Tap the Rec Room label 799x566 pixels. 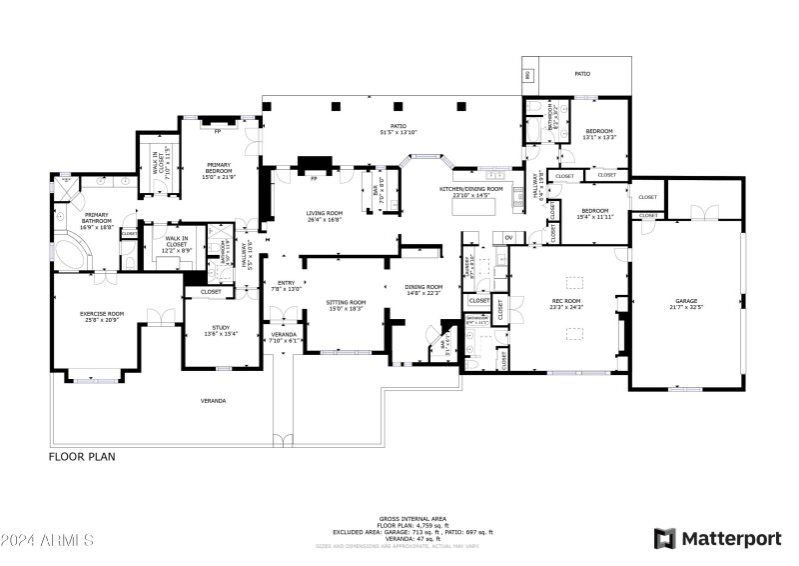566,302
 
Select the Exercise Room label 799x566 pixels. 101,315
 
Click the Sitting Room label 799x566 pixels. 346,303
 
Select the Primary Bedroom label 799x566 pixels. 220,168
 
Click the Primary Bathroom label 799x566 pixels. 97,217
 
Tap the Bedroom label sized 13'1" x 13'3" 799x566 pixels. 599,134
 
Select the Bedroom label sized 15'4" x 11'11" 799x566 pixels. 595,213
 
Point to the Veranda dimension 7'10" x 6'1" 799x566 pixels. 286,340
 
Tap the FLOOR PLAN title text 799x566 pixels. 82,456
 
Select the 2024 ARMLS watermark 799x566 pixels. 47,541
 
